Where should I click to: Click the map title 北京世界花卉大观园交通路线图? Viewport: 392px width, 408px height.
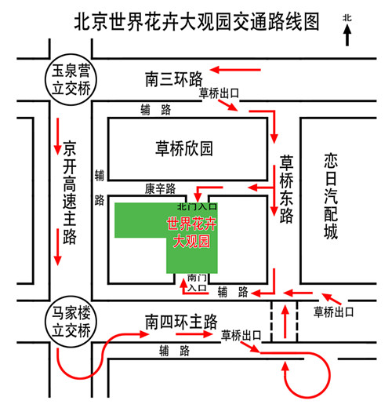click(197, 22)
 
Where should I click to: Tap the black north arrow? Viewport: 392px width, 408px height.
click(347, 35)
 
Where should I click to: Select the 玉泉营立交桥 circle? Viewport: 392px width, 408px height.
click(71, 80)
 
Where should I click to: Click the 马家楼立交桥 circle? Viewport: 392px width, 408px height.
click(71, 322)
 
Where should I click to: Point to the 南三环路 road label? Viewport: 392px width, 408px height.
click(174, 78)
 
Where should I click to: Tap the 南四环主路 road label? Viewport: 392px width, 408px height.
click(181, 322)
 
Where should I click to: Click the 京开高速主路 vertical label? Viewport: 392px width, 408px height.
click(70, 192)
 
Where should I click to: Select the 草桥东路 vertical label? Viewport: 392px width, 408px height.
click(286, 189)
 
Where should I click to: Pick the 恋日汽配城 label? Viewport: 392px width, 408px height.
click(331, 196)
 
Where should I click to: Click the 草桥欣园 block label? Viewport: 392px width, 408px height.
click(184, 148)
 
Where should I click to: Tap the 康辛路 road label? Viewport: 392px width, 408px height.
click(160, 188)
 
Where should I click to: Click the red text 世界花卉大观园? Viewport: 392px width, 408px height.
click(191, 232)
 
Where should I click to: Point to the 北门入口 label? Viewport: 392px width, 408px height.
click(198, 206)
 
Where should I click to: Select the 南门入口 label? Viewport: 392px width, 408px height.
click(198, 282)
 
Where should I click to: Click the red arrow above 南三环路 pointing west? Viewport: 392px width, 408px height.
click(235, 70)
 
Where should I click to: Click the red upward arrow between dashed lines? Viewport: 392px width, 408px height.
click(285, 322)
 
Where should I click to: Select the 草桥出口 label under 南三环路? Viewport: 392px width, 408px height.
click(219, 93)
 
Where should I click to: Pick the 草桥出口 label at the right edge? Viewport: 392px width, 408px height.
click(333, 312)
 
